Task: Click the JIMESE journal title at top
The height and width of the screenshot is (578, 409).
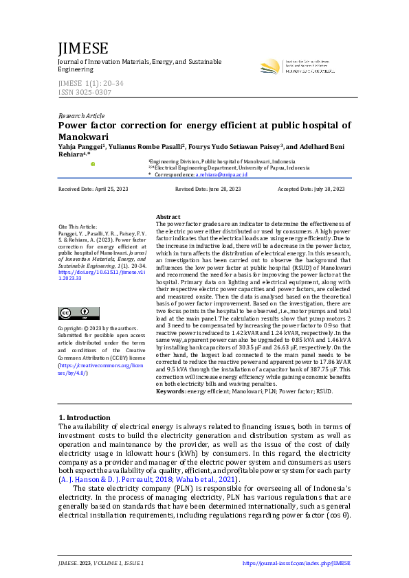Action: (x=83, y=49)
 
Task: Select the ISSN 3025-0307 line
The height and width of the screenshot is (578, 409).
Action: (x=85, y=92)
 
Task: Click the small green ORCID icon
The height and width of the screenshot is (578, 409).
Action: (x=93, y=164)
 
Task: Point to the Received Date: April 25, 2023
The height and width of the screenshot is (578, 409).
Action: (x=93, y=189)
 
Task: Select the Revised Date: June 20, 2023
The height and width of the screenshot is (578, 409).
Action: (x=208, y=189)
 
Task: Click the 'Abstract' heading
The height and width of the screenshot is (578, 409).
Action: (x=168, y=216)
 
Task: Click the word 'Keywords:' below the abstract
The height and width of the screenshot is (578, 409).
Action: (x=170, y=391)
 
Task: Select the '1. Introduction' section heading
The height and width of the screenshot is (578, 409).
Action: (x=85, y=417)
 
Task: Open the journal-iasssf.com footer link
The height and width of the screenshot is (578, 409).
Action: (x=296, y=563)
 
